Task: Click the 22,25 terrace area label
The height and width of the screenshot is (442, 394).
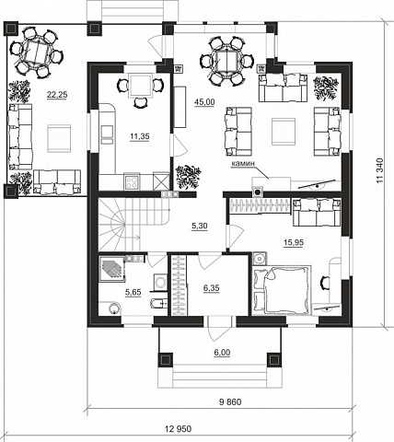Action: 57,95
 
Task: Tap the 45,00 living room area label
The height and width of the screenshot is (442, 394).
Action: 204,102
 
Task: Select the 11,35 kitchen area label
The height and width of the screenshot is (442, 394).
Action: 140,136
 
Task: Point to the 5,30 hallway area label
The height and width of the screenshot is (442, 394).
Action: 200,227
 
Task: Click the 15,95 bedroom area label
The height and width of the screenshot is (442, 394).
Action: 294,242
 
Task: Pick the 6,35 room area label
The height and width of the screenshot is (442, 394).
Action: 212,288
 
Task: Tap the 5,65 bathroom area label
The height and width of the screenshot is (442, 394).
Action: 133,292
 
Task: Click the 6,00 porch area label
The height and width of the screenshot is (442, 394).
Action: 222,353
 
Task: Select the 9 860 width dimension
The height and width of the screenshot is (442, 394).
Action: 230,401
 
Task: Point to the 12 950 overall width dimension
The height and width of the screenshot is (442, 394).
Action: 178,428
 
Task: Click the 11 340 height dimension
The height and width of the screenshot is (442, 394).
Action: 380,170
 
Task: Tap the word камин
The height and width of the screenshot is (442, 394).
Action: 243,164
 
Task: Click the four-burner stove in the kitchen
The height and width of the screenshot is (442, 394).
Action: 132,181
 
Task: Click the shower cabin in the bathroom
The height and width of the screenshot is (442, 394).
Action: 111,269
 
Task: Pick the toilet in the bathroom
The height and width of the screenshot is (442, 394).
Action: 158,304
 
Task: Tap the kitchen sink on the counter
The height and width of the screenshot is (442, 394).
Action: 107,134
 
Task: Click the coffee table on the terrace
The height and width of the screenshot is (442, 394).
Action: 59,138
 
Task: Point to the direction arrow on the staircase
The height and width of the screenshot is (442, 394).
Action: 133,237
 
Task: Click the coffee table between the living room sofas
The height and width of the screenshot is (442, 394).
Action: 284,132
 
